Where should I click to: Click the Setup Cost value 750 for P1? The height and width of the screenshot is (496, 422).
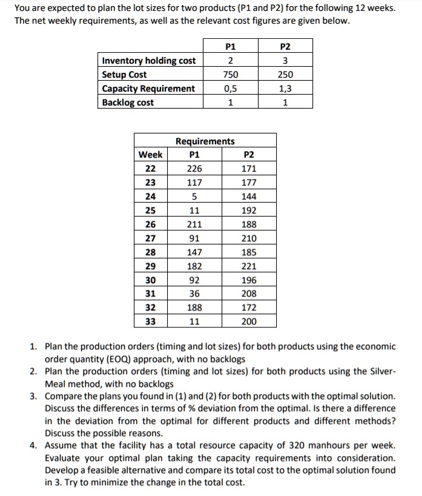(x=230, y=75)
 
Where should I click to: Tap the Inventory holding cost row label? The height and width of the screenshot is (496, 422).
(x=149, y=61)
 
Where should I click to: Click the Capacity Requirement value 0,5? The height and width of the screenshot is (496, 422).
(x=230, y=89)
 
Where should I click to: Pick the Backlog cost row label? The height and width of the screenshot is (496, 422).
(x=128, y=102)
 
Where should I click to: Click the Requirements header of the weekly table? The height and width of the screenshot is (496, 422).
(x=205, y=141)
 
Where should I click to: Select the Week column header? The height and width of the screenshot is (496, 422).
(x=150, y=155)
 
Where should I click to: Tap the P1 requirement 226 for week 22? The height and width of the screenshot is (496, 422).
(x=194, y=169)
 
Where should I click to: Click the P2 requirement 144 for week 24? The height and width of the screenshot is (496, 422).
(x=249, y=196)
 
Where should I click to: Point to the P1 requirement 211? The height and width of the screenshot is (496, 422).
(x=194, y=224)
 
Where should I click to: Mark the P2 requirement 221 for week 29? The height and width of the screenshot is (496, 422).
(x=249, y=266)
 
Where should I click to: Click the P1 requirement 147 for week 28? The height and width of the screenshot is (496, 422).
(x=194, y=252)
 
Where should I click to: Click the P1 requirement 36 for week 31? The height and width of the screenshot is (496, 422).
(x=194, y=294)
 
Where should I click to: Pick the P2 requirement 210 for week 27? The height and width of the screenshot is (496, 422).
(x=249, y=238)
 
